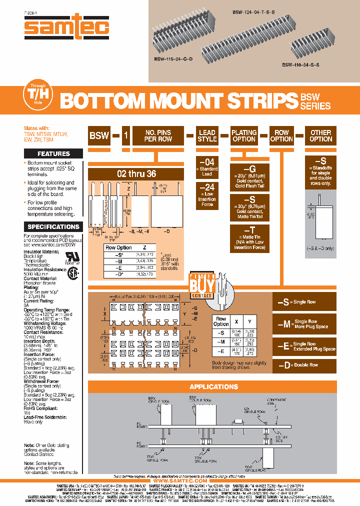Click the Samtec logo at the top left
[67, 28]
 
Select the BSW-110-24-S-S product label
[300, 64]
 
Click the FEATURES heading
[53, 153]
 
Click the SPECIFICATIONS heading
[53, 226]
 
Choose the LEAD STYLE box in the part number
[207, 135]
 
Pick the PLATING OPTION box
[244, 135]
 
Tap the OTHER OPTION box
[320, 135]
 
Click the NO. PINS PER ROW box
[157, 135]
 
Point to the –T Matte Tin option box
[244, 238]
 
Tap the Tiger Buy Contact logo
[202, 286]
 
